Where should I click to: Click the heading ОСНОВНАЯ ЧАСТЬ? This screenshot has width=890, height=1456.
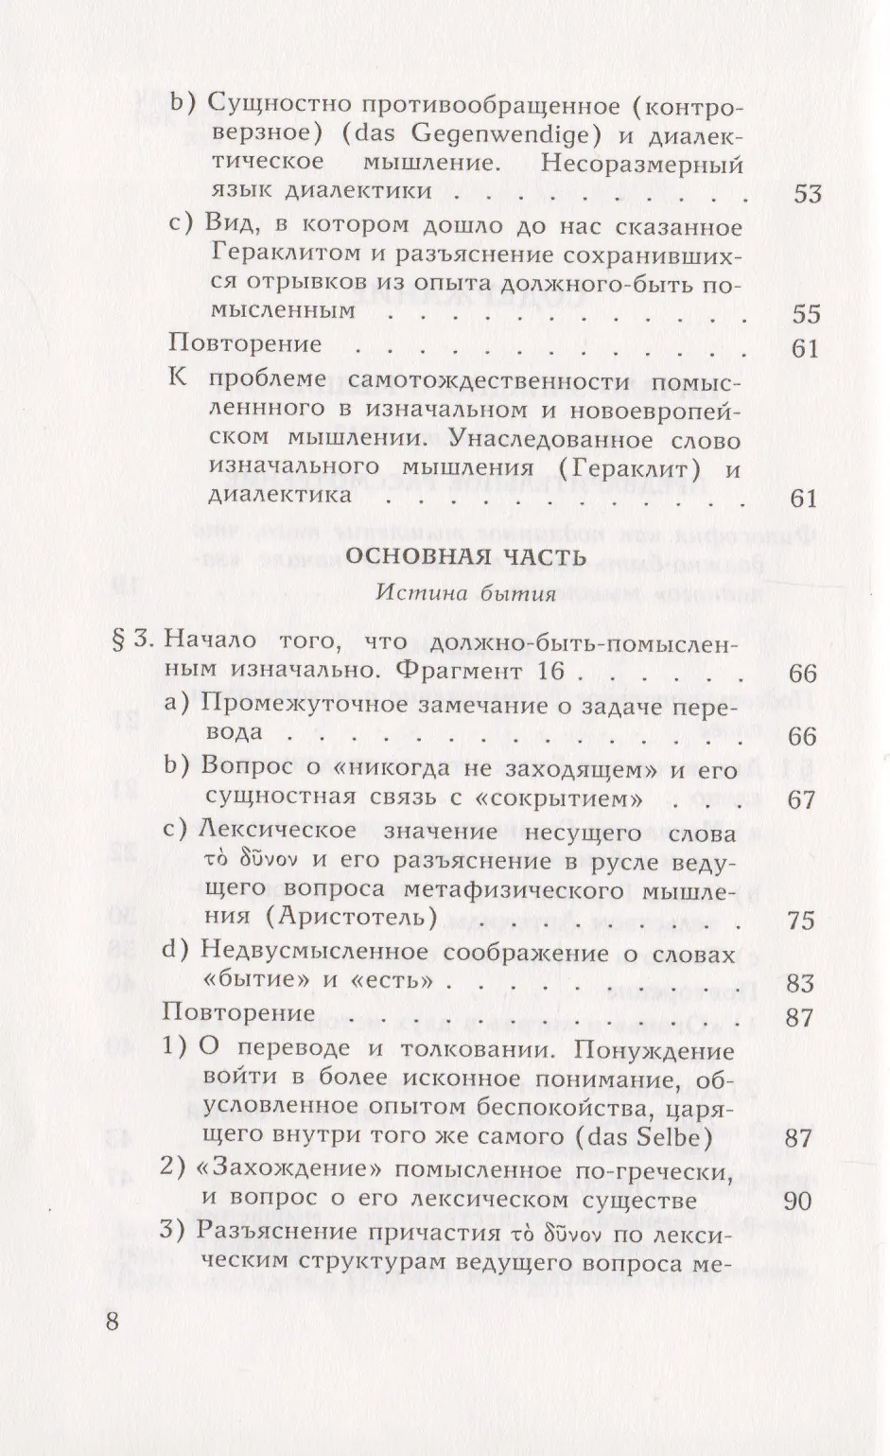[465, 556]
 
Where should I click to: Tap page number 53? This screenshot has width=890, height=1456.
[807, 195]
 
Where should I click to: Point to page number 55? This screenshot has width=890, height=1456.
[806, 314]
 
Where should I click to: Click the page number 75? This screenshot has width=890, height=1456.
[800, 920]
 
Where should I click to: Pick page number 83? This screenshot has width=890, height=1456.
[800, 984]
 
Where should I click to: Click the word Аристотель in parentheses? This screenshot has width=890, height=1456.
[354, 918]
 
